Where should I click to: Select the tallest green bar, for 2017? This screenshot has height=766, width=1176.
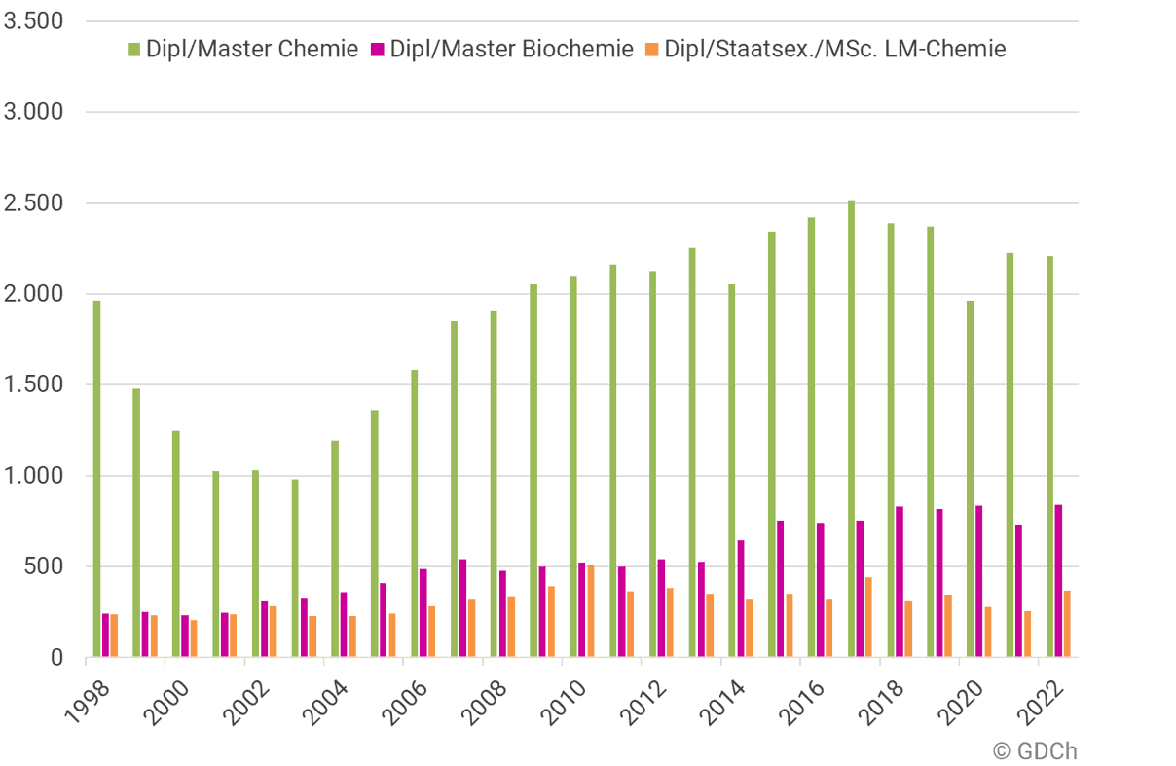pos(851,428)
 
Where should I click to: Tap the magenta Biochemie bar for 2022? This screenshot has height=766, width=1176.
pos(1058,581)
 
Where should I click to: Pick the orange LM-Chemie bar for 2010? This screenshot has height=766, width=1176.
pos(591,611)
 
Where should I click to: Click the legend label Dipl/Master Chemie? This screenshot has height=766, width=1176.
pos(252,49)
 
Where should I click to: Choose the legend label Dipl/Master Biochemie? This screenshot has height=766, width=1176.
pos(511,49)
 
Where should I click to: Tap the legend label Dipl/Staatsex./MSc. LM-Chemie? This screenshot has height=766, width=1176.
pos(834,49)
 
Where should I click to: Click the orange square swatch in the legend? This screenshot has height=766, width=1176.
pos(653,49)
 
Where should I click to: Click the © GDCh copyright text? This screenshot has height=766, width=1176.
pos(1036,750)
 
